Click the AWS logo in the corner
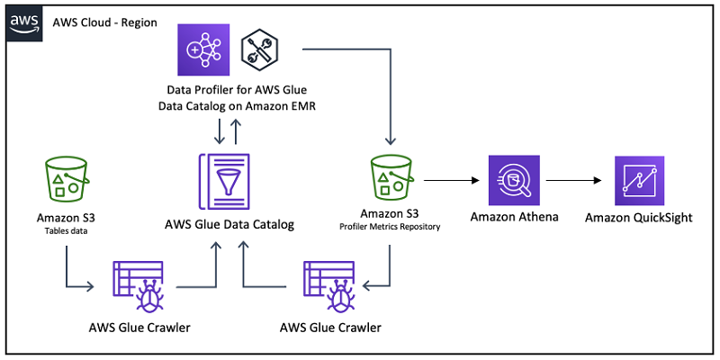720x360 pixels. point(24,24)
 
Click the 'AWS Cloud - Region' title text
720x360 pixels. point(105,22)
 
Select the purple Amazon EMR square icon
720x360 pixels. point(203,49)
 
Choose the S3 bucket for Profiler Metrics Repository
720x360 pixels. point(391,177)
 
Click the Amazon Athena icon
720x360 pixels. point(514,180)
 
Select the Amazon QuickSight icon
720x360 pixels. point(639,180)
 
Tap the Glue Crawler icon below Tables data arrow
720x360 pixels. point(139,287)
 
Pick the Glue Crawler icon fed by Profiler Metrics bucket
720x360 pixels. point(329,287)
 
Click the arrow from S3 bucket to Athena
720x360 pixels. point(451,181)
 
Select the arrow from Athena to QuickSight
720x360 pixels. point(573,181)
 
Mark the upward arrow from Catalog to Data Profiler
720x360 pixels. point(237,131)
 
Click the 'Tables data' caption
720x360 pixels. point(67,231)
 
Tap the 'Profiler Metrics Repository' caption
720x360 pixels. point(390,227)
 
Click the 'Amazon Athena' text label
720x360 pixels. point(514,216)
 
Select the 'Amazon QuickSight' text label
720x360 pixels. point(639,217)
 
